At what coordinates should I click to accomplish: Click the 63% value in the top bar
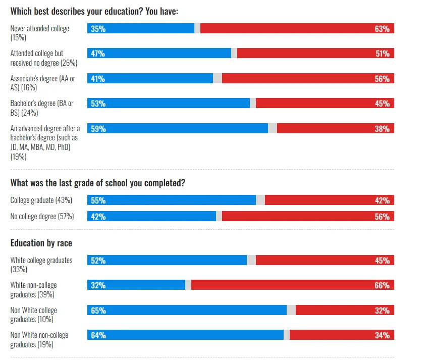382,29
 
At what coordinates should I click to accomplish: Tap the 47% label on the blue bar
98,54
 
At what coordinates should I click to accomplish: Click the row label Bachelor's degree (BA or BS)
42,108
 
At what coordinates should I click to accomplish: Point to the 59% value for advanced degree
98,128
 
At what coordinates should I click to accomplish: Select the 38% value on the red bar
382,128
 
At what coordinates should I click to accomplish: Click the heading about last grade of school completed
97,183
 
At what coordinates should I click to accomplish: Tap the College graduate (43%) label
41,200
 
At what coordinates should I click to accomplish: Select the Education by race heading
41,243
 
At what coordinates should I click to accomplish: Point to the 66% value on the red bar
382,285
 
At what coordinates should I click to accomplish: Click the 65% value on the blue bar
98,311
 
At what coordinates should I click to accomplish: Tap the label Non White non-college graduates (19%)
39,340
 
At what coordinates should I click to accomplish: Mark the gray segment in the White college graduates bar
251,261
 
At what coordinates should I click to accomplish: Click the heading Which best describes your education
94,11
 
